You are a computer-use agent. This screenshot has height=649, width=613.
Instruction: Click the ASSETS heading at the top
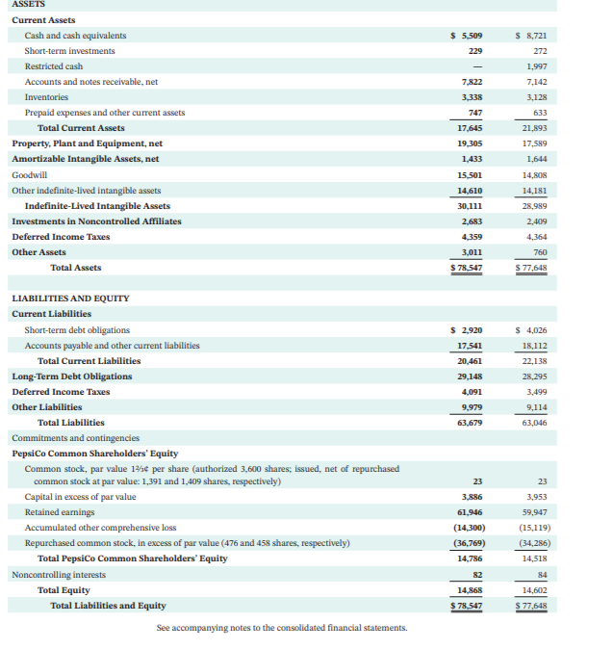coord(28,5)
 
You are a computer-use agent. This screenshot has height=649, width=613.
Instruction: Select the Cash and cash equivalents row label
coord(75,36)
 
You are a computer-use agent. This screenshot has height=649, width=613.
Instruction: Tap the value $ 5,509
coord(466,36)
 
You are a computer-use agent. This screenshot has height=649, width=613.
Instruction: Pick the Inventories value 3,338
coord(472,97)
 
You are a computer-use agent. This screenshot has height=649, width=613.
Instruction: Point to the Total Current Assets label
coord(81,128)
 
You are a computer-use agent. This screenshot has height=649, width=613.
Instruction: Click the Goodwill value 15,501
coord(469,175)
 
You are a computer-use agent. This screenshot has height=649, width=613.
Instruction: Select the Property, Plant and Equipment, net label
coord(87,143)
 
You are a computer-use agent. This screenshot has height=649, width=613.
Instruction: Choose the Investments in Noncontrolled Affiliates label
coord(96,221)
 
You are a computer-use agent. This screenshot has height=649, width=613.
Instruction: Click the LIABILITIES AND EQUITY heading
coord(69,299)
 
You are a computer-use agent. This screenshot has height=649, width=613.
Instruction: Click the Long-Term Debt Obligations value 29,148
coord(469,376)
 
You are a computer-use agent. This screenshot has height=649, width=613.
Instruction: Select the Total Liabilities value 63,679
coord(469,423)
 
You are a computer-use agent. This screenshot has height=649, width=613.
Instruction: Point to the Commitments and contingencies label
coord(75,438)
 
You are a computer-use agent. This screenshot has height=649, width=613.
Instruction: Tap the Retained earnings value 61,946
coord(469,512)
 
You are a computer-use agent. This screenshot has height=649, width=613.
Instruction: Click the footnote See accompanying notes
coord(282,628)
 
